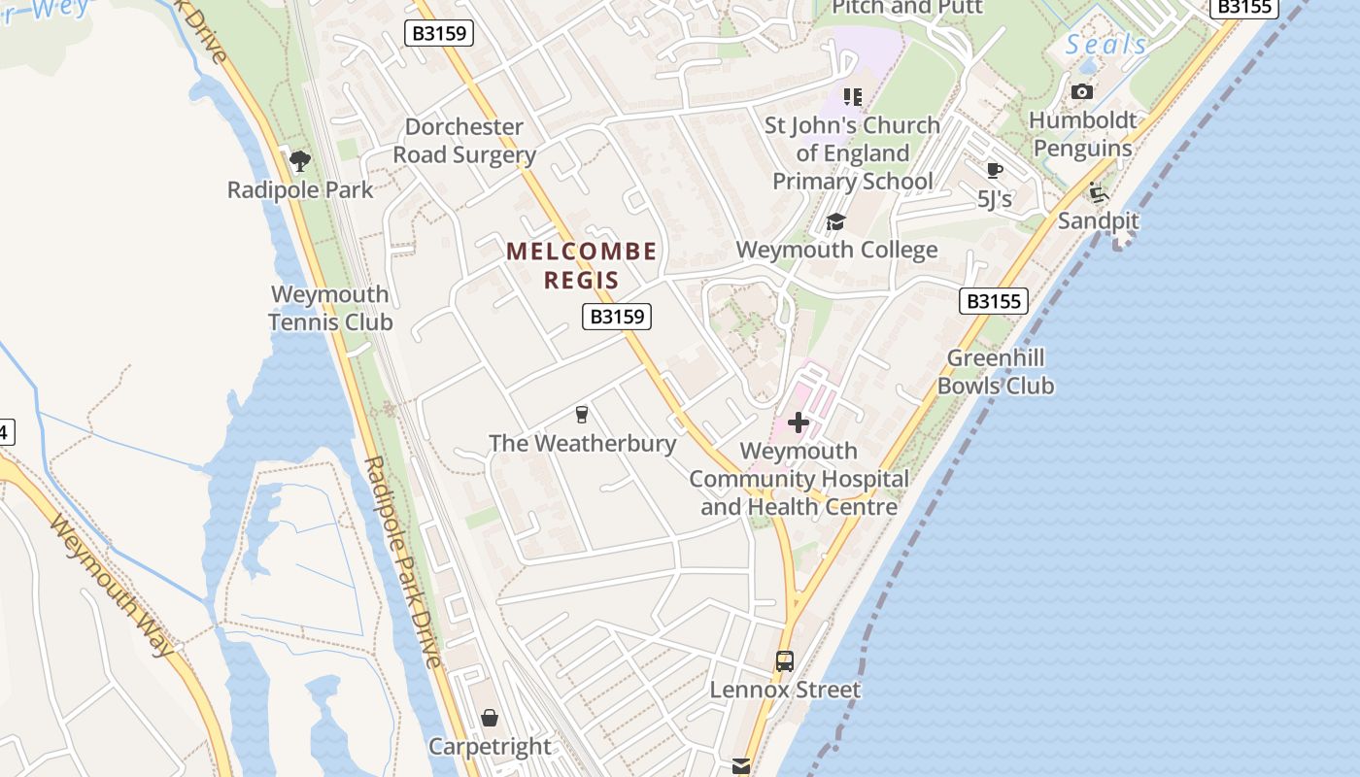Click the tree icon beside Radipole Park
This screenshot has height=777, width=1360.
pyautogui.click(x=300, y=160)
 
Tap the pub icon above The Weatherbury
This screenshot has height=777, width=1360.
pyautogui.click(x=582, y=415)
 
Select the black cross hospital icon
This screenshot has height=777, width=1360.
pyautogui.click(x=799, y=422)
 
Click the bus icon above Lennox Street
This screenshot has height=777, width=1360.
pyautogui.click(x=784, y=661)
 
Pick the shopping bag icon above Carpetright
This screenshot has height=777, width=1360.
pyautogui.click(x=490, y=718)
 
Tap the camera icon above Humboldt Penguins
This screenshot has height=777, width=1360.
pyautogui.click(x=1082, y=92)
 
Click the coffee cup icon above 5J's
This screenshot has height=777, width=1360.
pyautogui.click(x=994, y=171)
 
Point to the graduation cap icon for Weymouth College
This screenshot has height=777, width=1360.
pyautogui.click(x=835, y=222)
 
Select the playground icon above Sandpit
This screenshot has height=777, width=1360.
pyautogui.click(x=1099, y=192)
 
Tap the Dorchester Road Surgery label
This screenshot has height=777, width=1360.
pyautogui.click(x=464, y=141)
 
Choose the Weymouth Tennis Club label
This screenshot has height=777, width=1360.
pyautogui.click(x=330, y=308)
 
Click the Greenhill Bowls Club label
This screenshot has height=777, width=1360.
pyautogui.click(x=996, y=372)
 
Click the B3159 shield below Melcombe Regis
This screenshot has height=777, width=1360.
pyautogui.click(x=617, y=317)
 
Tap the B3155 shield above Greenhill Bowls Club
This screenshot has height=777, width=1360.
pyautogui.click(x=994, y=301)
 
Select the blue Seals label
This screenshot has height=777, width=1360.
pyautogui.click(x=1105, y=45)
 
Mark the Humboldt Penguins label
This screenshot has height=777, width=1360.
pyautogui.click(x=1082, y=135)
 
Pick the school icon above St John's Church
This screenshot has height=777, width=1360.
pyautogui.click(x=853, y=96)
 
